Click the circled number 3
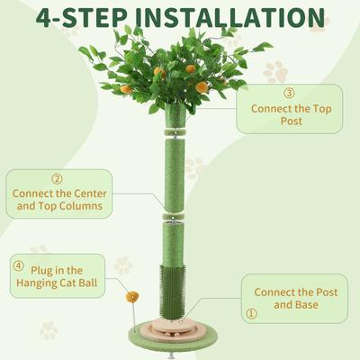(x=289, y=93)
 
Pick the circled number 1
(x=251, y=313)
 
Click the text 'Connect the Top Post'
(x=289, y=115)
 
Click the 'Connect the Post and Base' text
(x=294, y=298)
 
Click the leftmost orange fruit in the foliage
(x=126, y=89)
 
